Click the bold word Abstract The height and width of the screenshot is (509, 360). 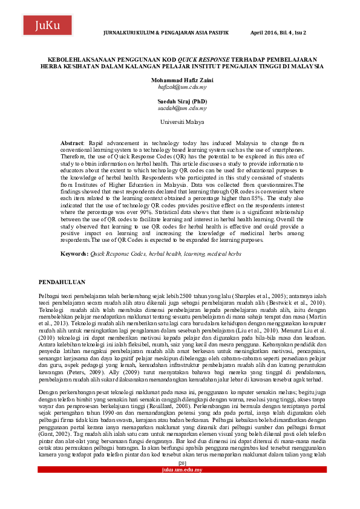[73, 142]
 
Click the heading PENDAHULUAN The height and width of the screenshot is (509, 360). [62, 282]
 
